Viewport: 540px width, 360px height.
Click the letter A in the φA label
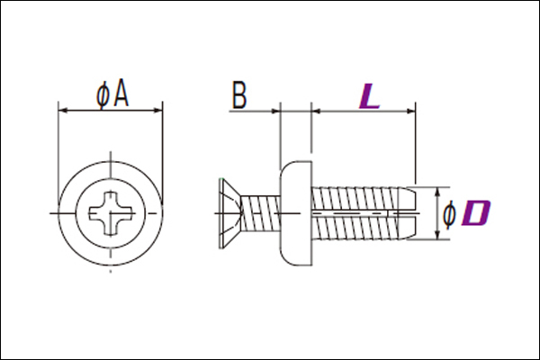(x=121, y=93)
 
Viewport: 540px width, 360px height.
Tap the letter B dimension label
(x=239, y=94)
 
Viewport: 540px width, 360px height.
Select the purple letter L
(x=369, y=96)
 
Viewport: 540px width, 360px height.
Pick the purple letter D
(x=477, y=213)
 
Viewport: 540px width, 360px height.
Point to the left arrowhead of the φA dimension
(x=63, y=111)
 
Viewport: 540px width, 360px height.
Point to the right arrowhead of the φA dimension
(x=157, y=111)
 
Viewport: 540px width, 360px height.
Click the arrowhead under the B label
(x=275, y=111)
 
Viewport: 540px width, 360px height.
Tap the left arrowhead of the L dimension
(x=316, y=111)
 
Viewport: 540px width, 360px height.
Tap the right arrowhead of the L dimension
(x=411, y=111)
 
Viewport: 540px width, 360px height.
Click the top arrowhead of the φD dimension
(x=437, y=193)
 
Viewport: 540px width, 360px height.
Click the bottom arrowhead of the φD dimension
(x=437, y=235)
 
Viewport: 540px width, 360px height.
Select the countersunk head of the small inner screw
(x=229, y=213)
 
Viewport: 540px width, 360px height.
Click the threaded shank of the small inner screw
(x=260, y=213)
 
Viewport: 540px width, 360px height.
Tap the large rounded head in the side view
(x=296, y=213)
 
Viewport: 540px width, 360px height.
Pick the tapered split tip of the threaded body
(x=408, y=213)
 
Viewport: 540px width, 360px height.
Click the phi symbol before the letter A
(x=103, y=95)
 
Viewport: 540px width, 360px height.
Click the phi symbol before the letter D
(x=449, y=215)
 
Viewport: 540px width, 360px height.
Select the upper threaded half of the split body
(x=355, y=198)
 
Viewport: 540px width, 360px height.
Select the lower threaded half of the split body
(x=355, y=228)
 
